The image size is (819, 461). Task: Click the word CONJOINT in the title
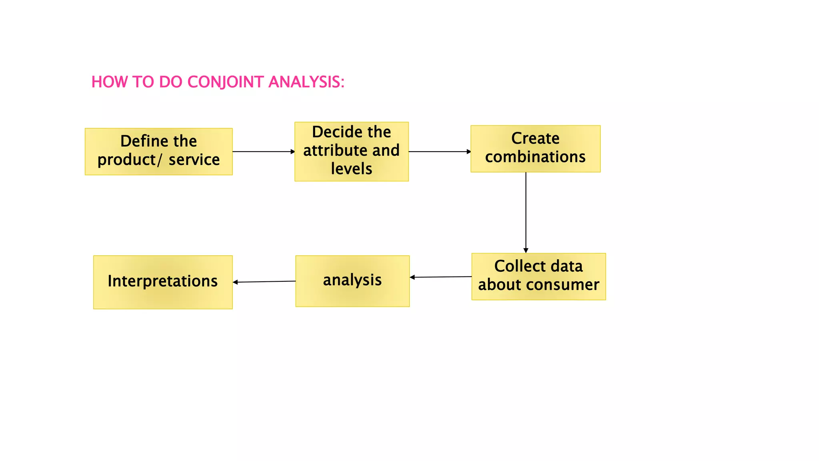226,82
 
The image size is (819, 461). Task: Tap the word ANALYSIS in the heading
306,82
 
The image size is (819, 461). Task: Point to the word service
194,160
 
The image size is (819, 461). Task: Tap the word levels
352,169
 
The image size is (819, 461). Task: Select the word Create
535,138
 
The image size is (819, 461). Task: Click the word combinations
535,157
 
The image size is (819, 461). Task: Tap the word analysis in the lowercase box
352,280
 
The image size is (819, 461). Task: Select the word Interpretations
162,281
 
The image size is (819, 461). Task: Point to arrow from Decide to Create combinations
439,152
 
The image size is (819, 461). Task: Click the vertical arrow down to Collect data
526,212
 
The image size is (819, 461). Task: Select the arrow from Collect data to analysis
441,277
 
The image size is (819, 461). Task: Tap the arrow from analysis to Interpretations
264,282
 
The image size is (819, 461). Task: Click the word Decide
334,132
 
